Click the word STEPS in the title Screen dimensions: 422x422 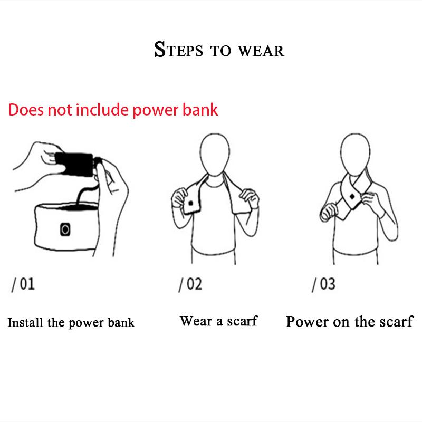tap(178, 50)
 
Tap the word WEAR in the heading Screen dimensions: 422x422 tap(261, 51)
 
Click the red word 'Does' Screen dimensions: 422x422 tap(25, 110)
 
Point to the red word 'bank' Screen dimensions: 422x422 tap(200, 110)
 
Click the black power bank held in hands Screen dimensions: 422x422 tap(74, 164)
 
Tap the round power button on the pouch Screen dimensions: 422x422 tap(65, 229)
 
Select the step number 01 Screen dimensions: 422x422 tap(27, 284)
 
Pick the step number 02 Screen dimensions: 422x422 tap(194, 284)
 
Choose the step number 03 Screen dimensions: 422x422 tap(328, 284)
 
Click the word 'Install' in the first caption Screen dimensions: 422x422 tap(25, 322)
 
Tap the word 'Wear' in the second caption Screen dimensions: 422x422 tap(196, 321)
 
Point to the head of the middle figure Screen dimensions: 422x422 tap(215, 155)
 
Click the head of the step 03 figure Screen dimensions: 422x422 tap(355, 154)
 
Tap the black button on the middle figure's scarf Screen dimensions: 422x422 tap(190, 203)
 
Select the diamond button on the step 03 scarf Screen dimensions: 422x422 tap(352, 197)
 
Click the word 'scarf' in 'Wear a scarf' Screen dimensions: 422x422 tap(242, 321)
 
